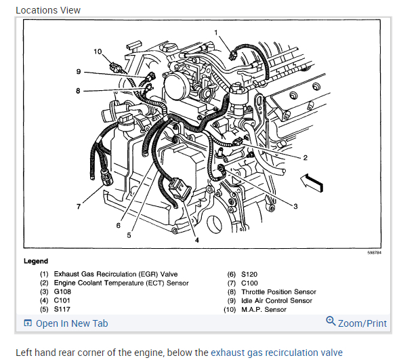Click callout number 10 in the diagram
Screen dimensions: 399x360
98,52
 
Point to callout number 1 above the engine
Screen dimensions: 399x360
216,33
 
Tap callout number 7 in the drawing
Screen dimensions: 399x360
79,206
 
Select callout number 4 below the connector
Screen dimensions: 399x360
197,240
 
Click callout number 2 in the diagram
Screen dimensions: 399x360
306,158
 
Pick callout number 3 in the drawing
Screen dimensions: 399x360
295,206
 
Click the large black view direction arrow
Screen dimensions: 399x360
312,182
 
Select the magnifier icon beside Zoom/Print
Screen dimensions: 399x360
331,321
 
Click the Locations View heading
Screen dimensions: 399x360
48,10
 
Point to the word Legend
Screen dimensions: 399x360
36,261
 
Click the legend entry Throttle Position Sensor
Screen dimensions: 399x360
278,292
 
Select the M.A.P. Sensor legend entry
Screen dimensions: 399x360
264,310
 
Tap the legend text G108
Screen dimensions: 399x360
62,292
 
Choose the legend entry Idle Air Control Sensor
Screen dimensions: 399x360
276,301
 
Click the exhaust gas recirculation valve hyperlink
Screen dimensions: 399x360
276,353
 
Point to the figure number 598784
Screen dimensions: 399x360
375,253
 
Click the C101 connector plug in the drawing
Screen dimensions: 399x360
180,190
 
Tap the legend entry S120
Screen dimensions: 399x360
249,274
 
